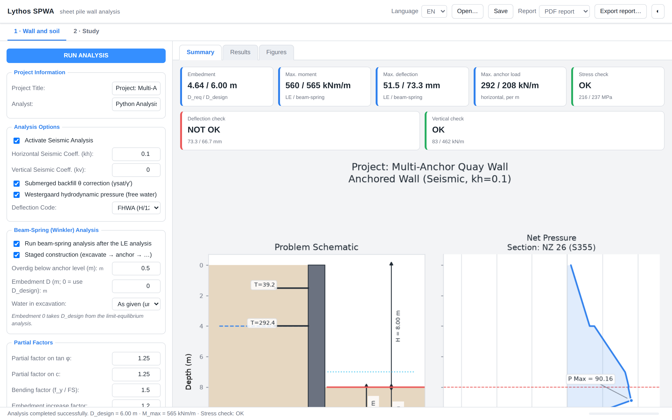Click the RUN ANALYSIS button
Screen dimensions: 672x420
86,56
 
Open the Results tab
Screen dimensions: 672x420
240,52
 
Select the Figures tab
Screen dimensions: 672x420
276,52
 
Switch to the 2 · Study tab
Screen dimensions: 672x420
86,31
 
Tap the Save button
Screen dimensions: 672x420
500,11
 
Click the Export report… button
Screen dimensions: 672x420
620,11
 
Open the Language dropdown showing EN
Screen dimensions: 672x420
434,11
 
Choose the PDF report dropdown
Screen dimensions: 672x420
564,11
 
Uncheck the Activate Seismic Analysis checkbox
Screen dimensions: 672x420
17,140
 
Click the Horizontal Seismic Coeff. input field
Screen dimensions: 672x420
136,154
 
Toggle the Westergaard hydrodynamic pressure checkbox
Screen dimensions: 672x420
17,195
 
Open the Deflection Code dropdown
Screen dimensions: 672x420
136,208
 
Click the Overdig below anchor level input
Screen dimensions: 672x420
136,268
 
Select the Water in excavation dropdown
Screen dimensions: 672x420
136,304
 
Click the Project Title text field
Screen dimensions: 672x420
136,88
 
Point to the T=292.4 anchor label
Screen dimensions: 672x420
262,323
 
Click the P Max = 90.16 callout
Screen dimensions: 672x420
590,379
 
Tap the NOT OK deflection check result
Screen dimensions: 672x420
204,130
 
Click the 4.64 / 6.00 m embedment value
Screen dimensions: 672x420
212,85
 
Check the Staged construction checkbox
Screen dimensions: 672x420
17,255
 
